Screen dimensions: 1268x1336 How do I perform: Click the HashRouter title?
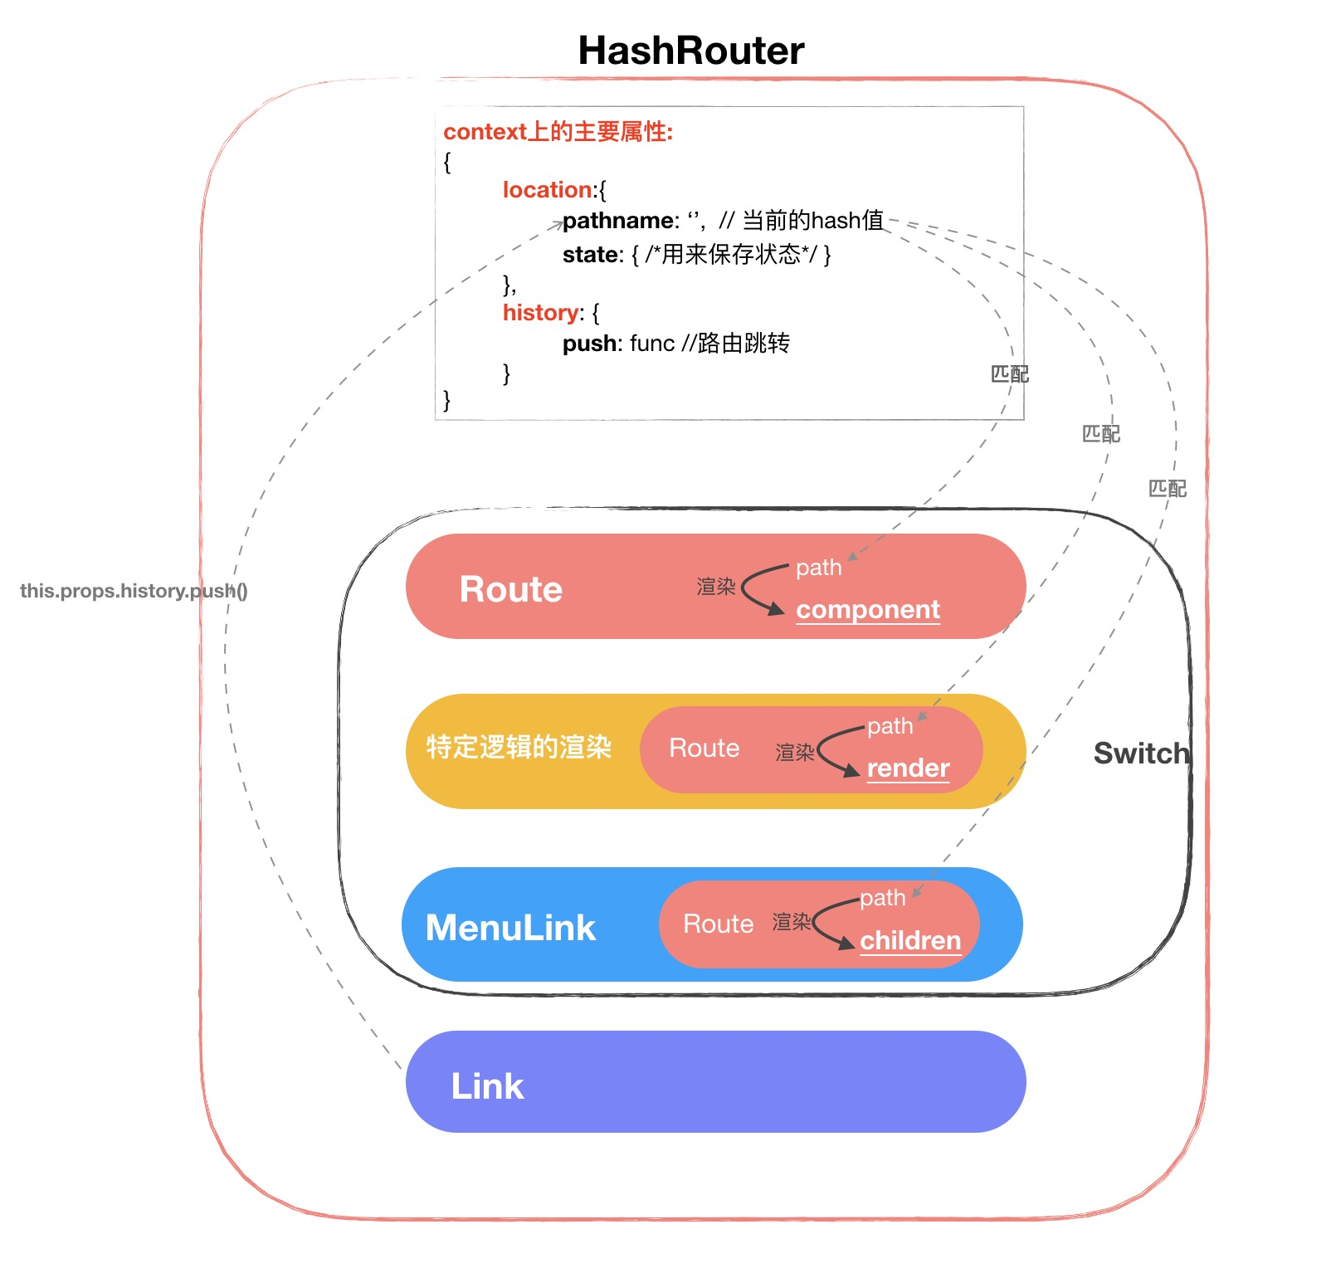pyautogui.click(x=690, y=51)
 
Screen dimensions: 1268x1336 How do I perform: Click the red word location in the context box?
pyautogui.click(x=548, y=190)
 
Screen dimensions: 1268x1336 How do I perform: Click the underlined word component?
pyautogui.click(x=867, y=610)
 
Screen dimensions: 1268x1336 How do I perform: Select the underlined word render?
pyautogui.click(x=908, y=768)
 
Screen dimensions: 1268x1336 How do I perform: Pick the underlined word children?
pyautogui.click(x=910, y=941)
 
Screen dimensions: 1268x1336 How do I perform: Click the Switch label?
pyautogui.click(x=1141, y=753)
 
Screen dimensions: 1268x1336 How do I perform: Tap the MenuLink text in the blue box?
pyautogui.click(x=510, y=928)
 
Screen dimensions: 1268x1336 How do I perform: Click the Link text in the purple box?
pyautogui.click(x=487, y=1086)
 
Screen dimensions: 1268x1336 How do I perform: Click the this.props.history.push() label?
pyautogui.click(x=134, y=591)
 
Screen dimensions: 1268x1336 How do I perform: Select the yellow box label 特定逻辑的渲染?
pyautogui.click(x=519, y=747)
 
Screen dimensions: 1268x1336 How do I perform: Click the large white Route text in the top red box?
pyautogui.click(x=510, y=590)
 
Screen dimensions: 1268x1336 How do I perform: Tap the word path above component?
pyautogui.click(x=818, y=568)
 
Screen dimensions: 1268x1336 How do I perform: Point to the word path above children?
pyautogui.click(x=882, y=898)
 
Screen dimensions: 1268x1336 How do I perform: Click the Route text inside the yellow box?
pyautogui.click(x=704, y=749)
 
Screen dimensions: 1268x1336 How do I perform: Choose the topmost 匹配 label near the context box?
pyautogui.click(x=1009, y=374)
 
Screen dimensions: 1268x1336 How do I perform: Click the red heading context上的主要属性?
pyautogui.click(x=558, y=132)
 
